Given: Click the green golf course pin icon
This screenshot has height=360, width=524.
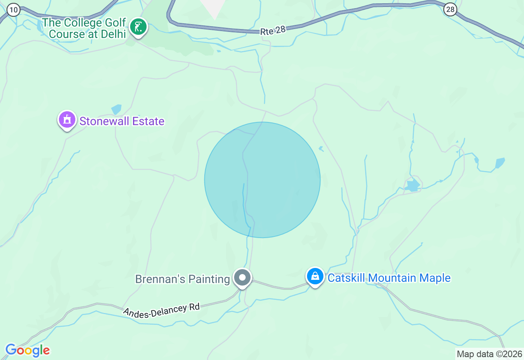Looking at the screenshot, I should pyautogui.click(x=138, y=27).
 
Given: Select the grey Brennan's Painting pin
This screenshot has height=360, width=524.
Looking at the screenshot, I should pyautogui.click(x=242, y=278).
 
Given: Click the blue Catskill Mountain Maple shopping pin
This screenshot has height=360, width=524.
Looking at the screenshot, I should pyautogui.click(x=315, y=277).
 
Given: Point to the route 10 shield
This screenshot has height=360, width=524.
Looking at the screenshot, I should pyautogui.click(x=13, y=10).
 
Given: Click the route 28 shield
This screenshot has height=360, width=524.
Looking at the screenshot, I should pyautogui.click(x=450, y=9).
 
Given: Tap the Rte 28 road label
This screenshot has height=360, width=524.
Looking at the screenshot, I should pyautogui.click(x=273, y=30).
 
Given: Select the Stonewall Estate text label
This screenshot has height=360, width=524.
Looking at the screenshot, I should pyautogui.click(x=122, y=121).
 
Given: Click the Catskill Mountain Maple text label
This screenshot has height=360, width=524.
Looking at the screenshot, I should pyautogui.click(x=389, y=278).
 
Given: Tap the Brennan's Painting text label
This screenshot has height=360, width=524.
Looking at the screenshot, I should pyautogui.click(x=183, y=279).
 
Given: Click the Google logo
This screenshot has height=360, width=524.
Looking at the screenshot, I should pyautogui.click(x=27, y=351).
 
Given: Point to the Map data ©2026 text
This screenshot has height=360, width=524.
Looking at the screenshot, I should pyautogui.click(x=489, y=354).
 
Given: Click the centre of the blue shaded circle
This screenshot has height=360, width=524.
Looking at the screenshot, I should pyautogui.click(x=262, y=180).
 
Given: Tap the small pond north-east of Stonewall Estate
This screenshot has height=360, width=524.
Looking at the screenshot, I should pyautogui.click(x=116, y=109).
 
